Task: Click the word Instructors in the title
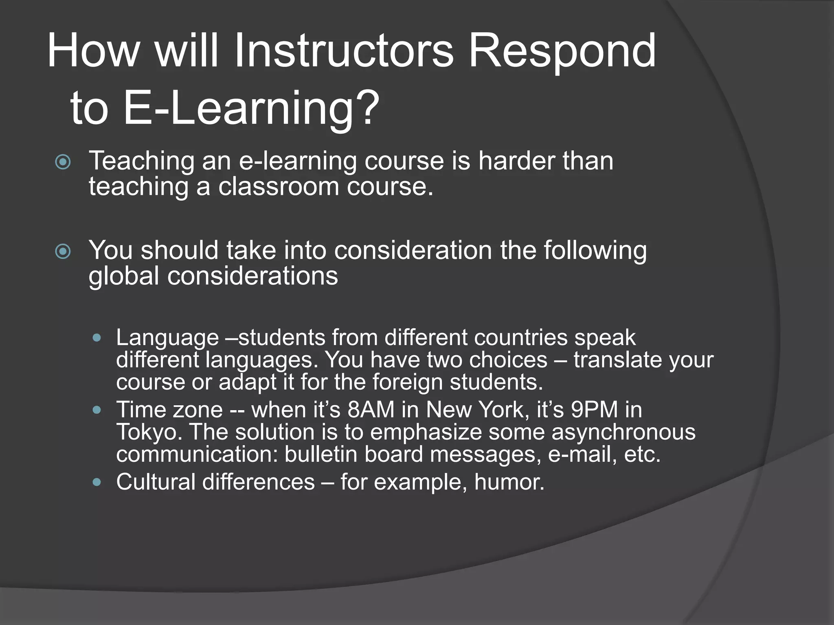coord(343,51)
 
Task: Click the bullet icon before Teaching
coord(63,162)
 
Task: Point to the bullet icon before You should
coord(63,251)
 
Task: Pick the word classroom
coord(278,186)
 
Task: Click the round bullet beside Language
coord(97,338)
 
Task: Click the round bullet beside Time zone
coord(97,410)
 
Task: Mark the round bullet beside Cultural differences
coord(97,482)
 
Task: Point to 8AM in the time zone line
coord(371,409)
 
